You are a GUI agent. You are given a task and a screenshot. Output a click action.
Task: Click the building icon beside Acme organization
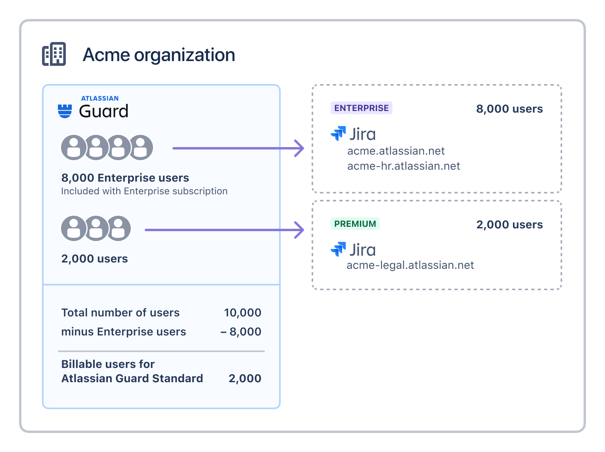pos(54,54)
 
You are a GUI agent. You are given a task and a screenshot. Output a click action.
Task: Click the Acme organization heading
pos(159,55)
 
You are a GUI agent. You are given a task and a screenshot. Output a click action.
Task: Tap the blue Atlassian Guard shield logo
pos(65,111)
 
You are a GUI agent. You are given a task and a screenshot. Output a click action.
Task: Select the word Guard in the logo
pos(103,111)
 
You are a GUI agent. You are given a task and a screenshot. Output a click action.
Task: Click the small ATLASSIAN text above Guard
pos(100,98)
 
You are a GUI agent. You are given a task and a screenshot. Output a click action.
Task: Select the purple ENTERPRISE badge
pos(361,108)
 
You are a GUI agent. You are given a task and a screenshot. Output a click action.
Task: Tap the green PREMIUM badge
pos(355,224)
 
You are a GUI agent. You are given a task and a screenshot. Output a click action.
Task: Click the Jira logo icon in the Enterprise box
pos(338,133)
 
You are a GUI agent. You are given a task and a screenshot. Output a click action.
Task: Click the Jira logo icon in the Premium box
pos(338,249)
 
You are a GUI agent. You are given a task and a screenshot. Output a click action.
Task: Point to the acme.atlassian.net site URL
pos(396,151)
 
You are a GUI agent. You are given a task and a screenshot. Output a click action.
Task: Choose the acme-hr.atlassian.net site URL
pos(404,166)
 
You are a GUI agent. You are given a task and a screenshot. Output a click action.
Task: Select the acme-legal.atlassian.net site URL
pos(410,265)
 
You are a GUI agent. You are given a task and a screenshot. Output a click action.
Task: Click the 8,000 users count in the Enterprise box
pos(509,109)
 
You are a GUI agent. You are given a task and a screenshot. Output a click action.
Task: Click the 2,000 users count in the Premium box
pos(509,225)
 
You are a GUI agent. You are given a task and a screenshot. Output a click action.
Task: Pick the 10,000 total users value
pos(243,312)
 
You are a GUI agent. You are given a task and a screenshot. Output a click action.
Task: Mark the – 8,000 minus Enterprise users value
pos(241,331)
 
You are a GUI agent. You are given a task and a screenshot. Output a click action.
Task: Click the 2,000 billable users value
pos(245,378)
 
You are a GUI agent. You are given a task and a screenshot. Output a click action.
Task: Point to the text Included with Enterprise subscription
pos(144,191)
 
